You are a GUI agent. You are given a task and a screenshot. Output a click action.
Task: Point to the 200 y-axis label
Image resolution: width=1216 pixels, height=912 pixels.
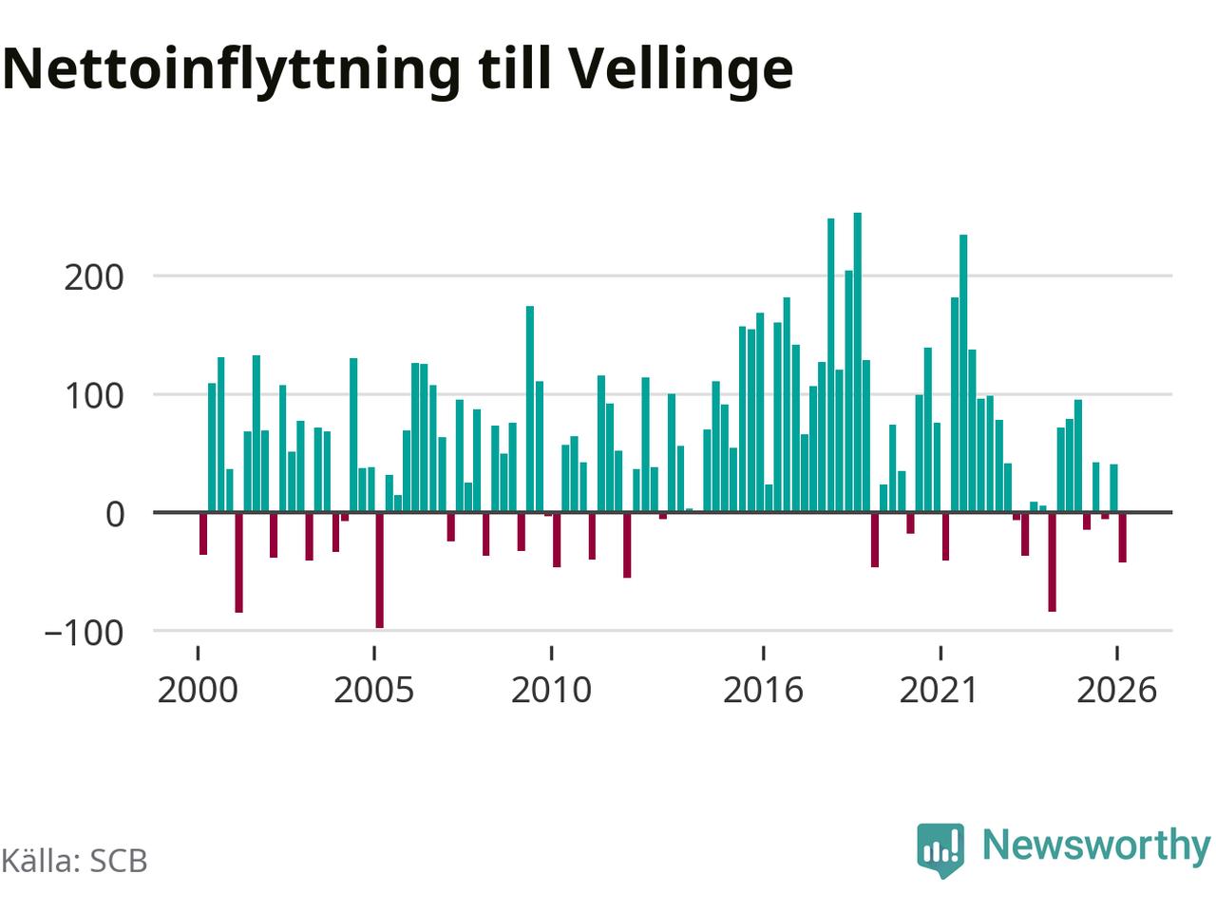(94, 278)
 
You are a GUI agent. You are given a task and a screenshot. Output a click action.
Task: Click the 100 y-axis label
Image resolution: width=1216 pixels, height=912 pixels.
(94, 396)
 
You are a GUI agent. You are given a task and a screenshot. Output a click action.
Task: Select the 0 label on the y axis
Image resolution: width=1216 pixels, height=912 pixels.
(115, 514)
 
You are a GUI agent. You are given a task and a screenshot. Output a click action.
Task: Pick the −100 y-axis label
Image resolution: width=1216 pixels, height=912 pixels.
(84, 633)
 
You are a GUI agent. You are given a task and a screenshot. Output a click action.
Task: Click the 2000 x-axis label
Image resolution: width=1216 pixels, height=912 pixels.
(198, 691)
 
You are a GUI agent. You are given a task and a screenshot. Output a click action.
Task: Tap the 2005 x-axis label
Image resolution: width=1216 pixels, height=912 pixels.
(374, 691)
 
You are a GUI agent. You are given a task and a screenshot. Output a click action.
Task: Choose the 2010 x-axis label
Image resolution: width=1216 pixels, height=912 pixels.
(551, 691)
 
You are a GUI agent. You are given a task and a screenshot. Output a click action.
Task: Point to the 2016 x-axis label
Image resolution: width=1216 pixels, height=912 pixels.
(764, 691)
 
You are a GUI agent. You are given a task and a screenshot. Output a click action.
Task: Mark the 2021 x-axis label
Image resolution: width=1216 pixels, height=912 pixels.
(940, 691)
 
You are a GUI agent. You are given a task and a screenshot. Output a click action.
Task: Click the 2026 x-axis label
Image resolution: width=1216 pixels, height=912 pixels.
(1117, 691)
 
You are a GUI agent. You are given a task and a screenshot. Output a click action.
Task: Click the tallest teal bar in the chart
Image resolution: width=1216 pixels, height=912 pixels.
(858, 362)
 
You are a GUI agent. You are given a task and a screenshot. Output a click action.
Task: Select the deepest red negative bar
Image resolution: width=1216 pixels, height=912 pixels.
(379, 570)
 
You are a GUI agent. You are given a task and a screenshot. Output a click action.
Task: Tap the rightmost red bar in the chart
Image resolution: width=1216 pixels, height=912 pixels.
(1122, 538)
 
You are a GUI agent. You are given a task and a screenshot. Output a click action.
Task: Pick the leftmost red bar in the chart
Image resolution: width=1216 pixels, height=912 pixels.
(203, 534)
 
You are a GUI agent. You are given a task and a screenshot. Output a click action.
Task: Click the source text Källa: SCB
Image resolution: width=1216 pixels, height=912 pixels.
(74, 862)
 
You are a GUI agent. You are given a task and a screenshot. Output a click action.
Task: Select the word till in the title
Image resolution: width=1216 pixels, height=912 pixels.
(515, 68)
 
